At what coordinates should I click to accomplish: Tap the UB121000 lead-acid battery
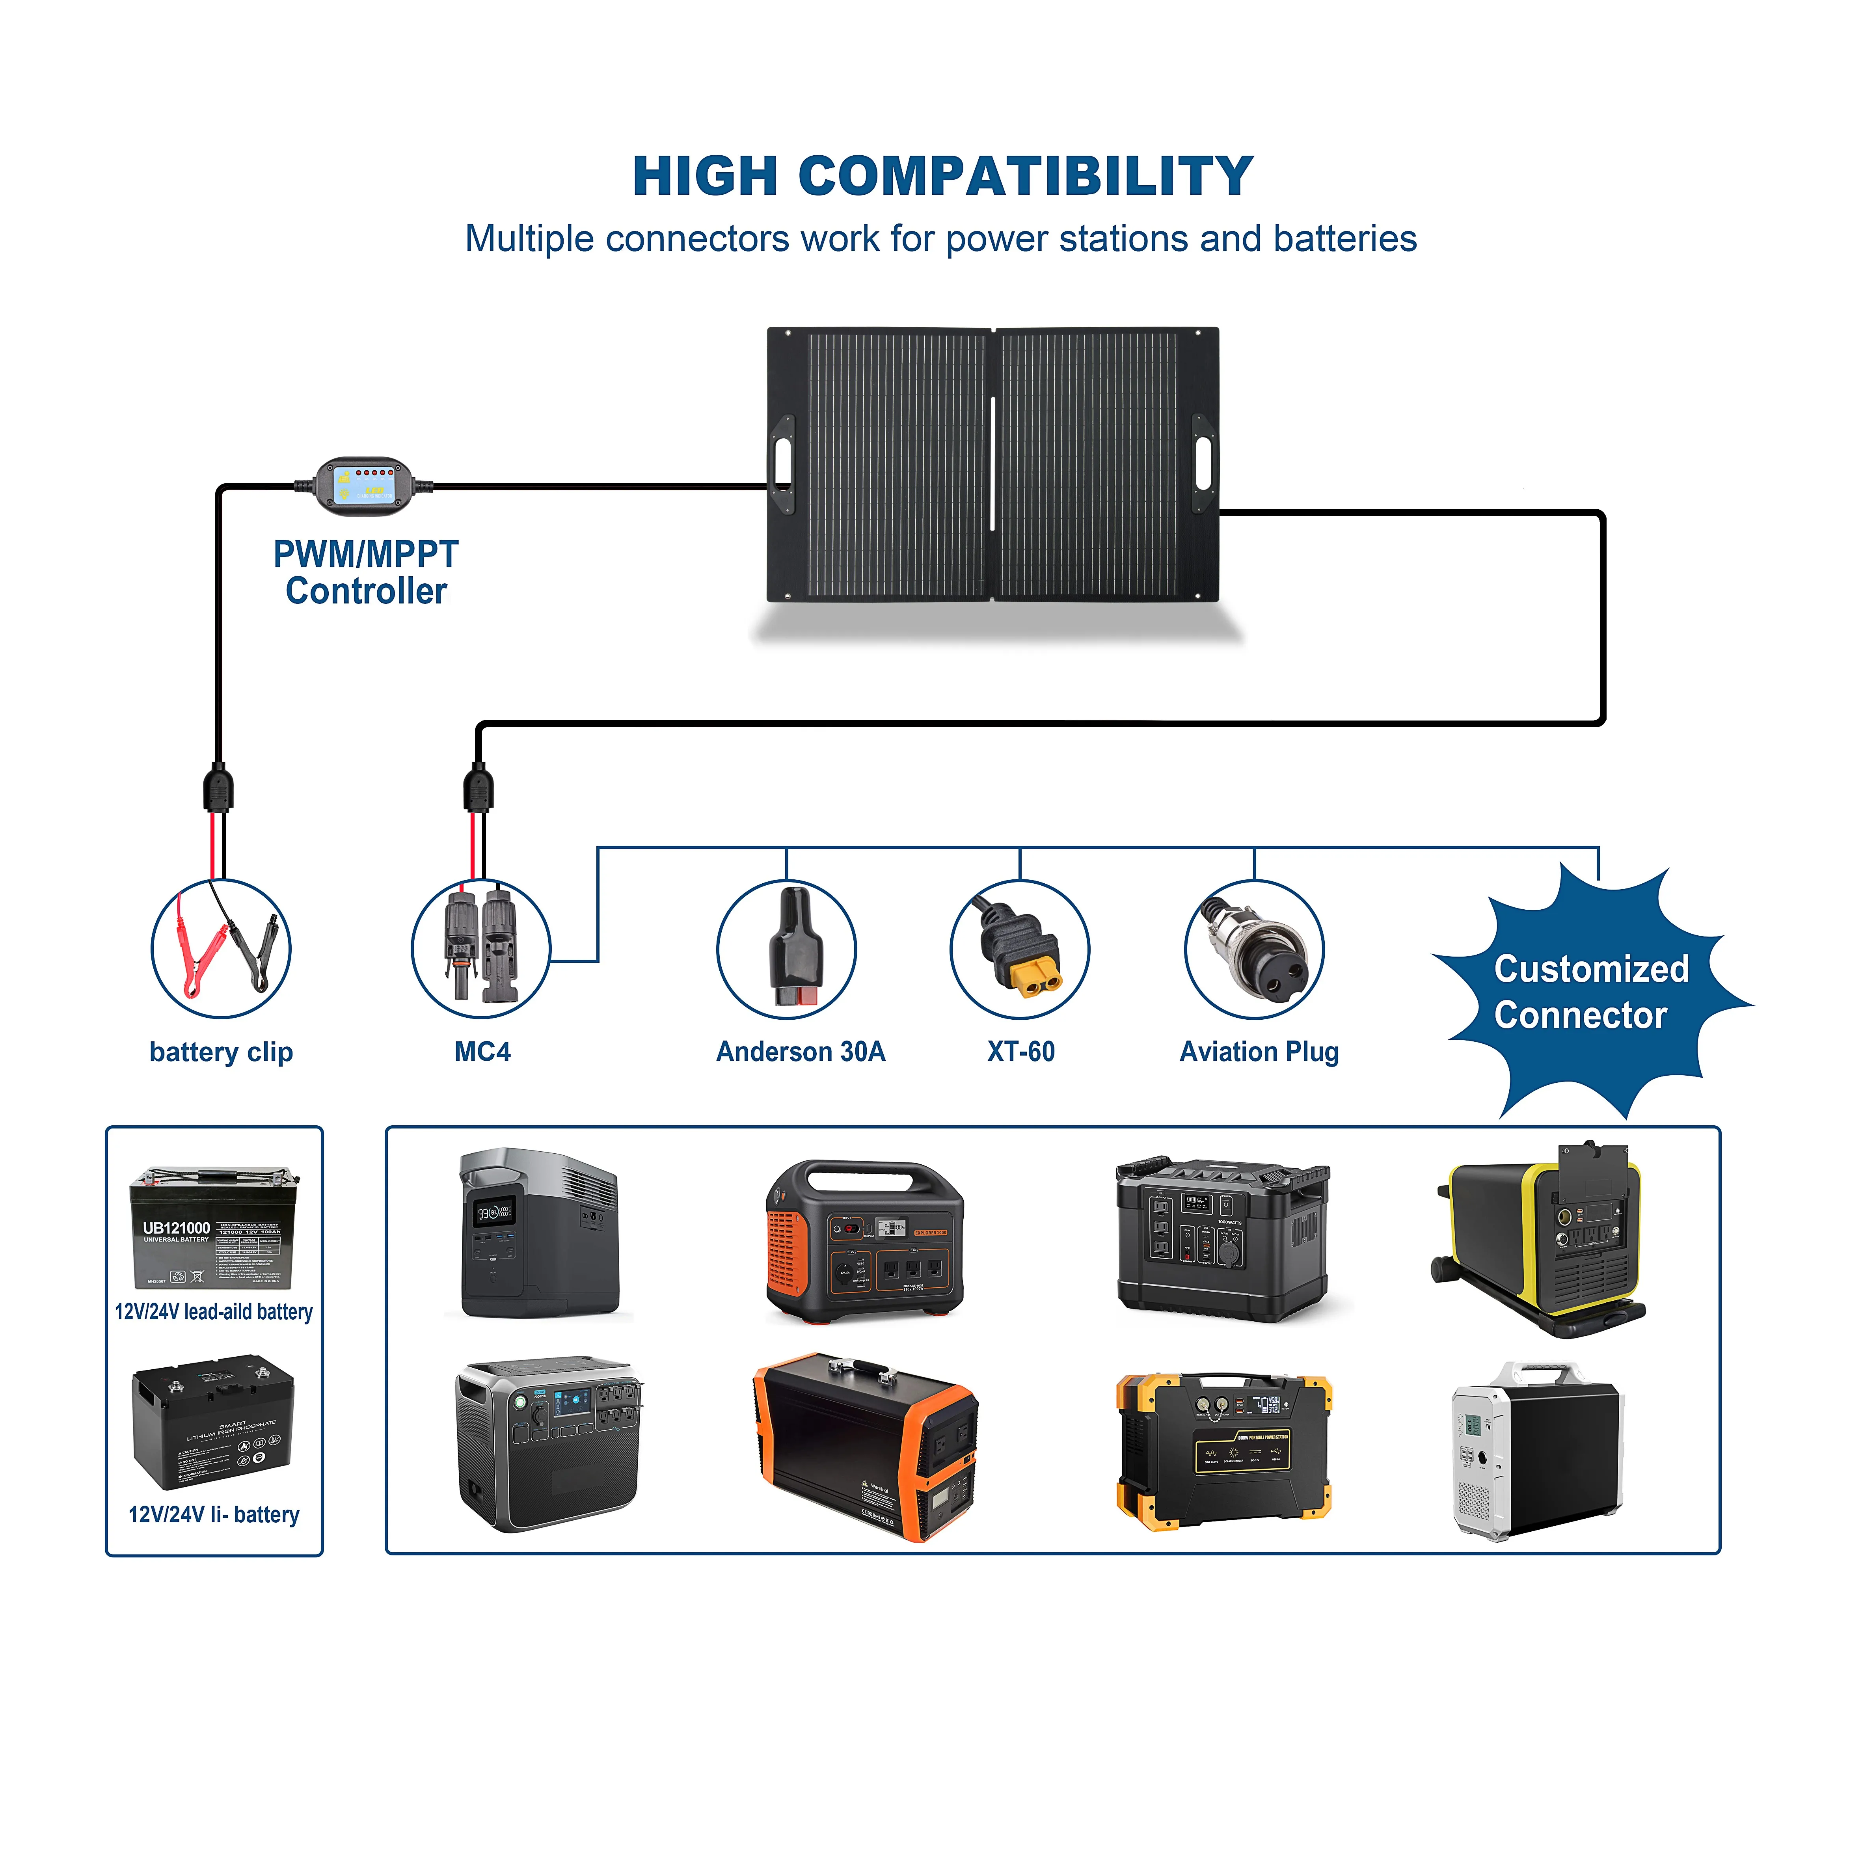click(x=214, y=1229)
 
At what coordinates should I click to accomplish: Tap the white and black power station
click(x=1536, y=1450)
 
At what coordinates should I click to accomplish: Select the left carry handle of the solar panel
click(x=782, y=465)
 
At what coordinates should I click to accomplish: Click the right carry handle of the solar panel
click(x=1205, y=465)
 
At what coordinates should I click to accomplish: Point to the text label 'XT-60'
click(x=1020, y=1052)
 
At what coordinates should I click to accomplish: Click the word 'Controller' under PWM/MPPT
click(x=366, y=591)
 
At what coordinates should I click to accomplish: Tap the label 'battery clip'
click(x=221, y=1052)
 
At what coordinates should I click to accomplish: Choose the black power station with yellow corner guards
click(x=1224, y=1450)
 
